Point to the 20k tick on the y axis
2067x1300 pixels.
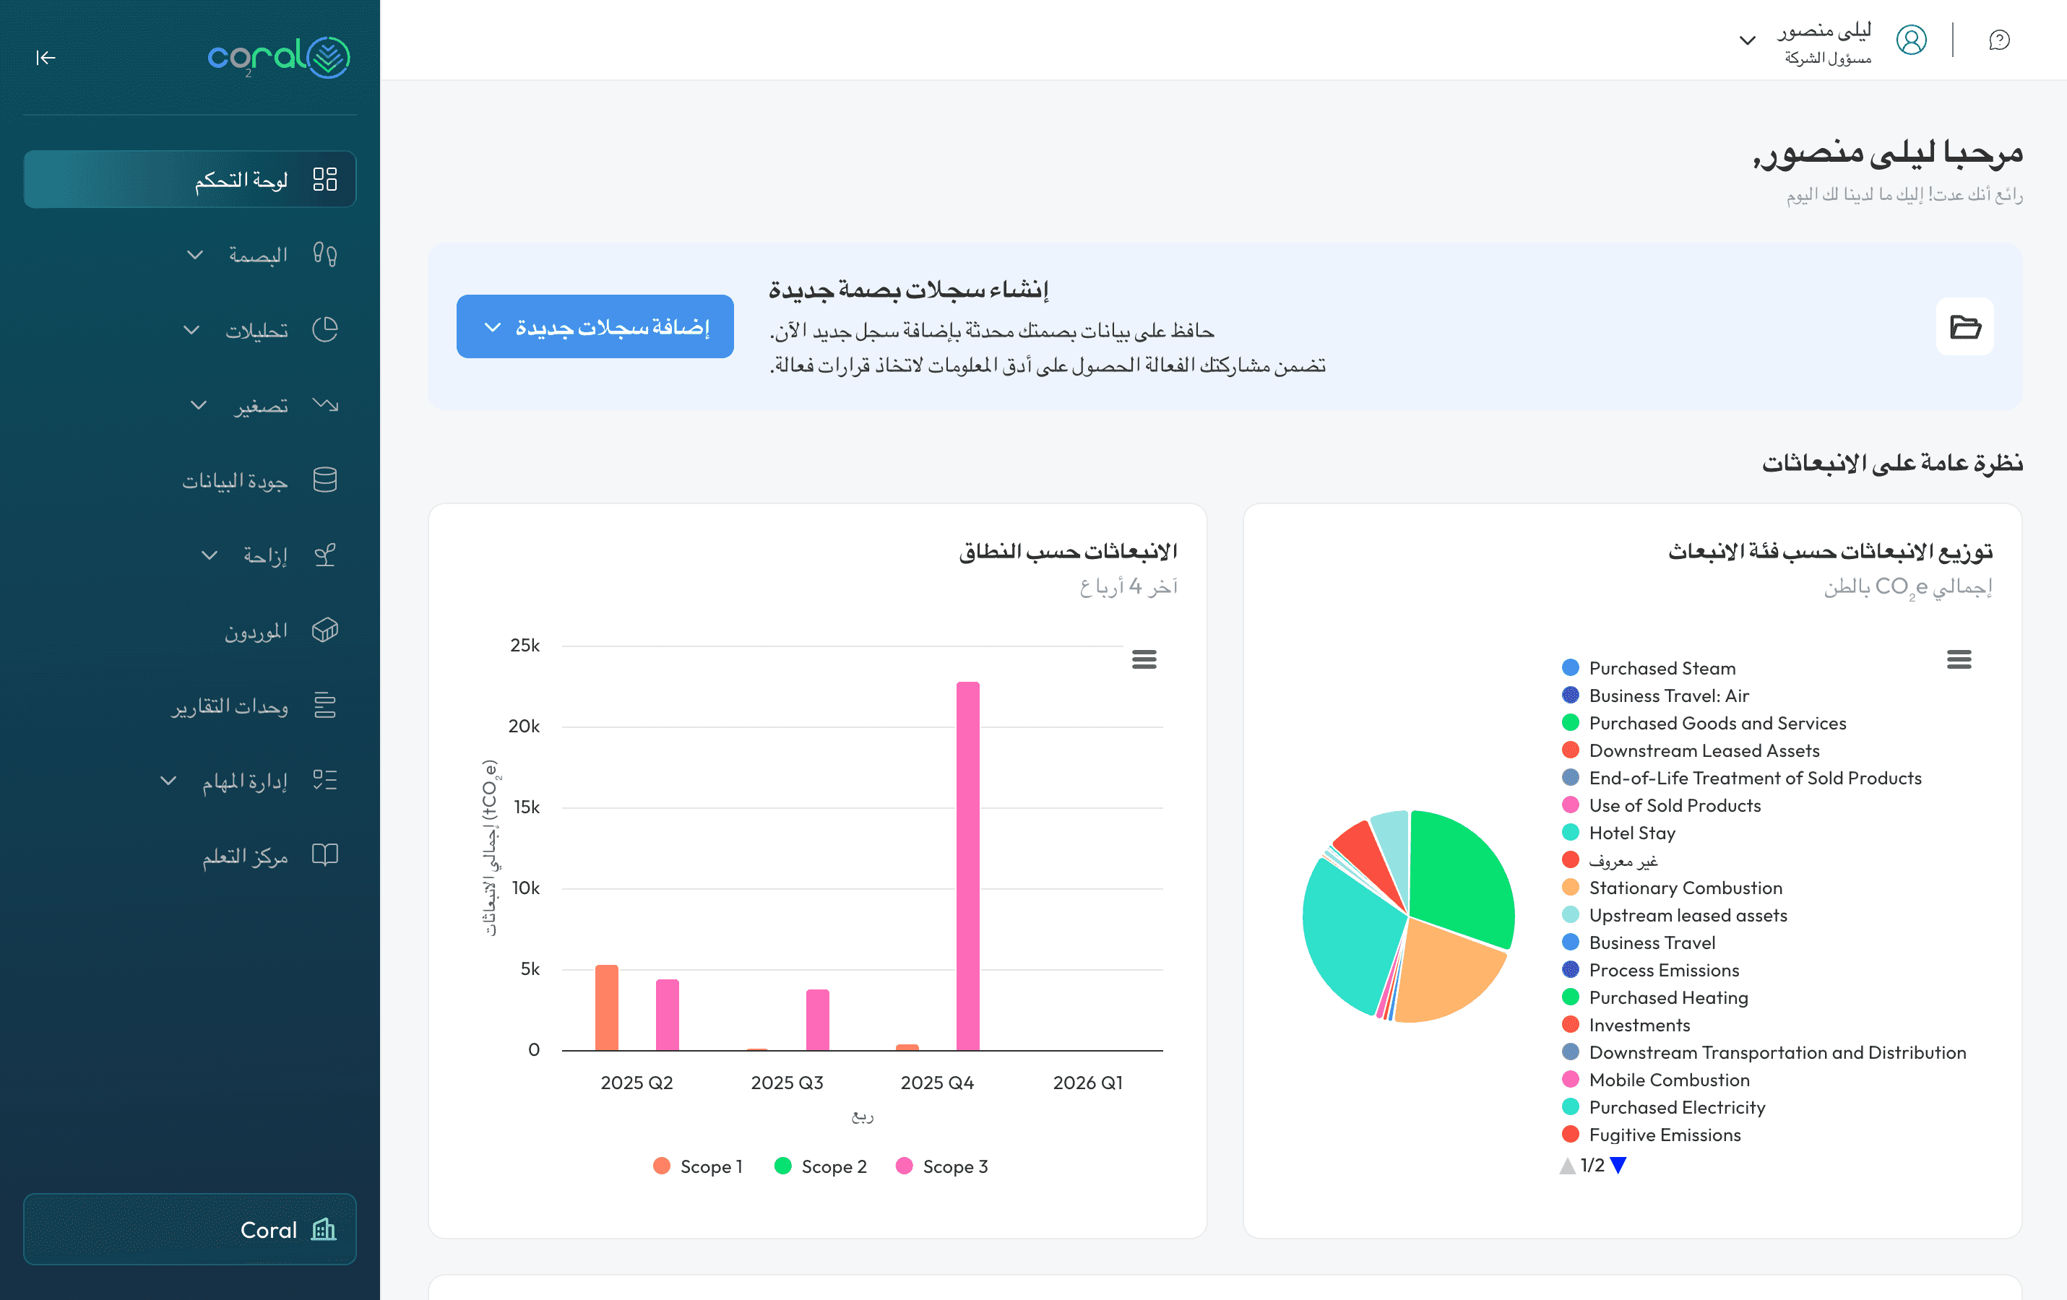524,727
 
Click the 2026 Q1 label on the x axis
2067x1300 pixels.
1087,1082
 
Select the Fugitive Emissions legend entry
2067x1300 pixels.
1664,1135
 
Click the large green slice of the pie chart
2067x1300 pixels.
1459,875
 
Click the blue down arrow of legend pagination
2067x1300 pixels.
1618,1165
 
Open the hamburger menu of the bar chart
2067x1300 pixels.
1144,659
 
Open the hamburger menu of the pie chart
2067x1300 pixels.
1958,659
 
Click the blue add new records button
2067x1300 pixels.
595,327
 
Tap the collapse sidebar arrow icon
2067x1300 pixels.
46,58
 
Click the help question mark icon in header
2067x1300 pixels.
1999,40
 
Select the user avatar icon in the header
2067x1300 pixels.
1911,40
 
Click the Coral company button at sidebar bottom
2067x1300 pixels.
190,1228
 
